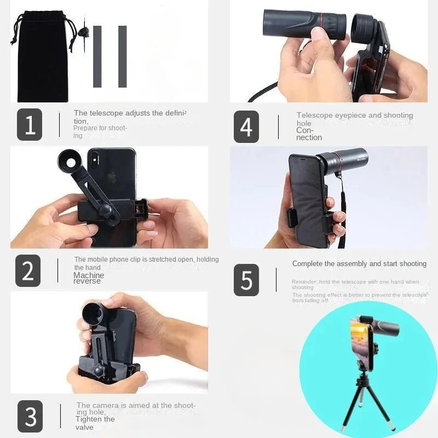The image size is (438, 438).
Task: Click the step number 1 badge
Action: pos(29,125)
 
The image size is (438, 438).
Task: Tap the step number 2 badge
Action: pos(27,270)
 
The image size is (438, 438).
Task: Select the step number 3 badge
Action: pos(30,416)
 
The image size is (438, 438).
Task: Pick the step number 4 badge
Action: pos(246,126)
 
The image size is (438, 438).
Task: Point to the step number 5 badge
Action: pos(246,280)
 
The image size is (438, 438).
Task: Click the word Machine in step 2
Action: pos(88,275)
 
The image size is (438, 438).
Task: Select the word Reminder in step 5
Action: pos(303,282)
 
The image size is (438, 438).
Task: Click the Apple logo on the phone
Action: pos(111,177)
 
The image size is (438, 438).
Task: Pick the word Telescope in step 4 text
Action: pos(315,116)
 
